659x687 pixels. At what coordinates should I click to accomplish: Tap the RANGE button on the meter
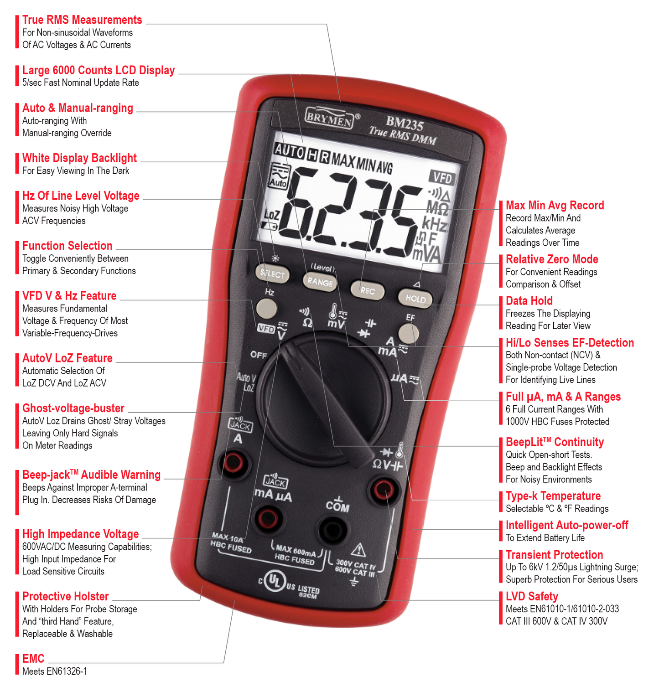pos(320,281)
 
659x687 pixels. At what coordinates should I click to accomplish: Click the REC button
pos(367,290)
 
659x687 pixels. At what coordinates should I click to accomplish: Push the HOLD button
pos(415,298)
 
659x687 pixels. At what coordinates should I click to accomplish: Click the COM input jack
pos(332,530)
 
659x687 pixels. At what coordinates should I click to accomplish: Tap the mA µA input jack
pos(268,518)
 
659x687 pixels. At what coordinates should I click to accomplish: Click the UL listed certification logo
pos(274,581)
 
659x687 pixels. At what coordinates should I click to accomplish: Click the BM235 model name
pos(405,123)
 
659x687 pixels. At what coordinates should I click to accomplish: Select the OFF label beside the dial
pos(259,355)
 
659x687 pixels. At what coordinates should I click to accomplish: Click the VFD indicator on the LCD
pos(442,177)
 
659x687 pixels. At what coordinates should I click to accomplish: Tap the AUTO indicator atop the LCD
pos(289,150)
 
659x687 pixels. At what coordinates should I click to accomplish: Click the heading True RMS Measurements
pos(82,20)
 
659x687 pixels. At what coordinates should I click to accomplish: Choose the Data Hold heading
pos(529,301)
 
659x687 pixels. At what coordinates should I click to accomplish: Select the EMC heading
pos(33,659)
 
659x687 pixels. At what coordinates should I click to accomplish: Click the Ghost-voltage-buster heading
pos(73,408)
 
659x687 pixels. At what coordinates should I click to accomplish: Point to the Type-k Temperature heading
pos(553,496)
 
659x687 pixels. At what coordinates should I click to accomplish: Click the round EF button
pos(408,333)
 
